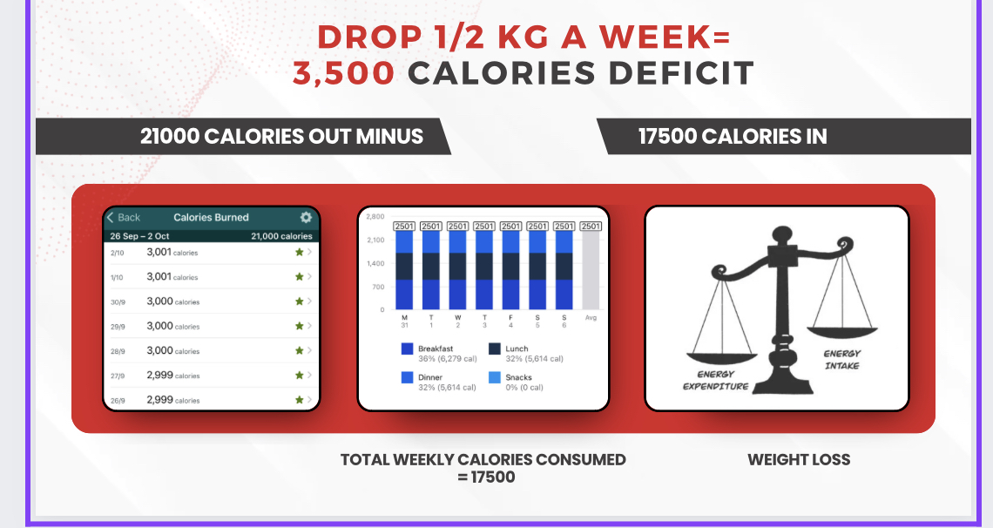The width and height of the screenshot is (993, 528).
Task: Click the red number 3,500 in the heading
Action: tap(343, 73)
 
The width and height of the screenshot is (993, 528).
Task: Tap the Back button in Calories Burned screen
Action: tap(124, 218)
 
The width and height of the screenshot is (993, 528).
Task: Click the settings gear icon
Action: tap(306, 218)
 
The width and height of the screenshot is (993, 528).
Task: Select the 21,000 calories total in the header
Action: tap(281, 236)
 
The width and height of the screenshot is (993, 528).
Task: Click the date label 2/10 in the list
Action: tap(117, 253)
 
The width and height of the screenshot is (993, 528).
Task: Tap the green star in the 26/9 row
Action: tap(299, 400)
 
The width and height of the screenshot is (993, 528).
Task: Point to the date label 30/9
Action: tap(117, 302)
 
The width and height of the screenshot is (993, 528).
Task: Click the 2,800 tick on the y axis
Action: tap(375, 216)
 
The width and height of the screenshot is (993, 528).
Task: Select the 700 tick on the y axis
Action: tap(378, 287)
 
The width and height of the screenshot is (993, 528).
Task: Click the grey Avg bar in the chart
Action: tap(591, 269)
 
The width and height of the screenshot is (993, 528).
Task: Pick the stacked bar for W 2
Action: tap(458, 269)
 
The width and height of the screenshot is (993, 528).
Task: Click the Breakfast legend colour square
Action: tap(407, 349)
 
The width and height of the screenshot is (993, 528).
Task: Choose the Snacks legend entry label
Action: tap(518, 378)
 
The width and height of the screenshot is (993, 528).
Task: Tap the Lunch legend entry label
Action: tap(517, 349)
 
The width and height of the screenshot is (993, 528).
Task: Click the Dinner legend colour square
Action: tap(407, 378)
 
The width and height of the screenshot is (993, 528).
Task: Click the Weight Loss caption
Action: tap(799, 460)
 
